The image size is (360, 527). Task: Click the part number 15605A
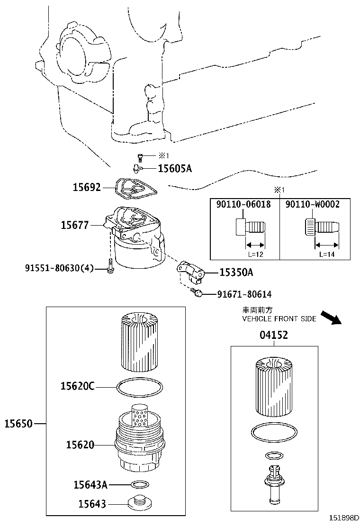coord(175,168)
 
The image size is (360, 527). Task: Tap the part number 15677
coord(74,225)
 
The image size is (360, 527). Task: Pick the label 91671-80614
coord(244,294)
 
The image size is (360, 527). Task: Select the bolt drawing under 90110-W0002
coord(322,227)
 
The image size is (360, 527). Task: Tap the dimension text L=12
coord(256,254)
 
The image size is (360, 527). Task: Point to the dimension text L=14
coord(327,254)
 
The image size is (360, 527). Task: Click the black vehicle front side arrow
coord(331,318)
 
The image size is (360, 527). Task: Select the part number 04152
coord(274,335)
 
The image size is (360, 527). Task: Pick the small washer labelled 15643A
coord(139,485)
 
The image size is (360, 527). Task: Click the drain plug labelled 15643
coord(140,502)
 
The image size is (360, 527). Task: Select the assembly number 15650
coord(18,424)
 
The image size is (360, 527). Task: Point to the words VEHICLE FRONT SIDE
coord(279,318)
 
